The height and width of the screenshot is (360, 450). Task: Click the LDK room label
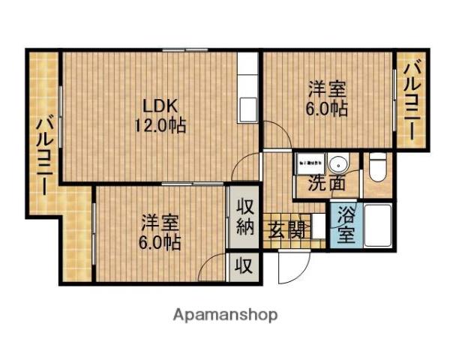pyautogui.click(x=160, y=104)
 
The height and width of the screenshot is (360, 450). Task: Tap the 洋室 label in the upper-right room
pyautogui.click(x=327, y=88)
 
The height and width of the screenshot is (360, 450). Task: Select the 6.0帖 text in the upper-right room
pyautogui.click(x=327, y=108)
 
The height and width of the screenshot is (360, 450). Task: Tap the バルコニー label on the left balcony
pyautogui.click(x=44, y=154)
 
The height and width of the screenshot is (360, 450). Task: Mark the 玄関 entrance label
pyautogui.click(x=286, y=229)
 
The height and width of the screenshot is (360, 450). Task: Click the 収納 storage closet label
pyautogui.click(x=244, y=217)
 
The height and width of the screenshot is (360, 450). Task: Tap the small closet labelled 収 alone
pyautogui.click(x=244, y=265)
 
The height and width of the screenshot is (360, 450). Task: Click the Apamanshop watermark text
pyautogui.click(x=224, y=314)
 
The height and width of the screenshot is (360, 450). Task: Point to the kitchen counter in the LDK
pyautogui.click(x=247, y=90)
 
